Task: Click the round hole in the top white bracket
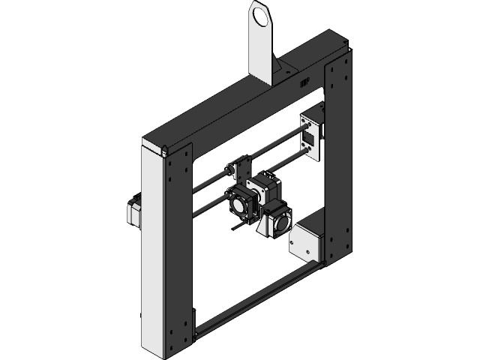259,16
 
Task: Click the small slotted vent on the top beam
304,85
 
